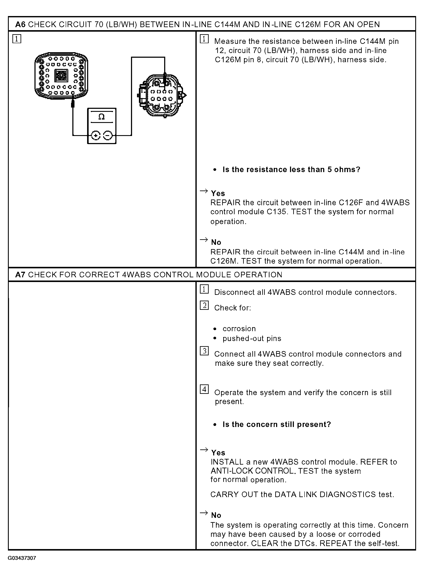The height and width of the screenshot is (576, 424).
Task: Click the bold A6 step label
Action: point(20,25)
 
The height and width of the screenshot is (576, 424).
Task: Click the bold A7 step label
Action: point(20,275)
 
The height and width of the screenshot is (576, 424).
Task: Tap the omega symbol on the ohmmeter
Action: point(102,117)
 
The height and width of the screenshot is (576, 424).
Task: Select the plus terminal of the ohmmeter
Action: point(96,135)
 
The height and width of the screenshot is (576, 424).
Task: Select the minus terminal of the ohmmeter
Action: point(108,135)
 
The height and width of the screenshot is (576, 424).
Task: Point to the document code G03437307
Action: point(22,558)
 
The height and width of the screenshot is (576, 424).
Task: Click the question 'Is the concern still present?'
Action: point(277,424)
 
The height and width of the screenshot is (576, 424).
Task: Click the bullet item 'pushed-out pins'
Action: point(252,338)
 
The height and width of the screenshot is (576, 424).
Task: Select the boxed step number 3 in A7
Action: point(204,351)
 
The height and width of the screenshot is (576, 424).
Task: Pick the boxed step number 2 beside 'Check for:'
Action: point(204,305)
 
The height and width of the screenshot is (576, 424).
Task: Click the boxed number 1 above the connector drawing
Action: point(17,39)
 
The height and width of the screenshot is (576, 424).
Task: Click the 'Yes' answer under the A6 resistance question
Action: point(218,193)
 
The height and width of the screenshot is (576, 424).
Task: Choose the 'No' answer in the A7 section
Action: point(216,515)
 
